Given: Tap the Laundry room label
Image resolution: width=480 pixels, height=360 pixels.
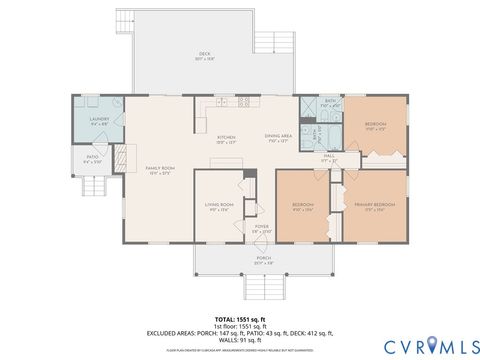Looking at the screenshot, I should (98, 121).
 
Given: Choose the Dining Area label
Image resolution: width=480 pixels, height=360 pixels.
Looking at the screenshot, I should (278, 137).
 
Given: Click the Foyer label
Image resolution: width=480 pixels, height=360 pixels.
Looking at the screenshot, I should (261, 229).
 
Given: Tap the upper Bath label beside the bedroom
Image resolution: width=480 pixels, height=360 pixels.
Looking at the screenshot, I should (331, 102).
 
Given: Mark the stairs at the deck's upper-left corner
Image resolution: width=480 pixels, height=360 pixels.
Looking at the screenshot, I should (124, 22).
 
